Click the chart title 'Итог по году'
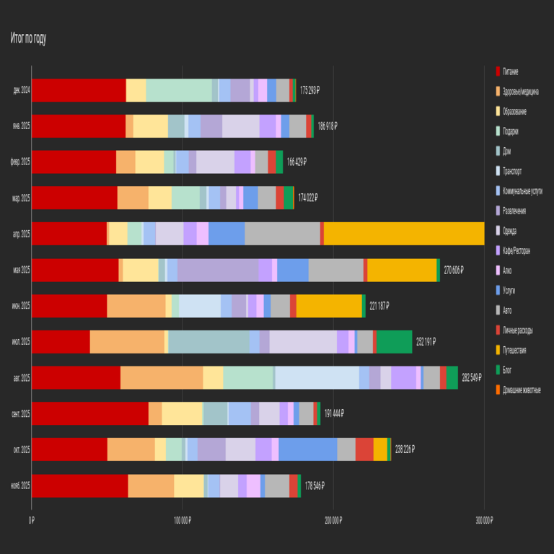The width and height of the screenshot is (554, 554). click(28, 39)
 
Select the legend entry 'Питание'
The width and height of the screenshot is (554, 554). click(510, 71)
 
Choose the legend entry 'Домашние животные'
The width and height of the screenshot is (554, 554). click(521, 390)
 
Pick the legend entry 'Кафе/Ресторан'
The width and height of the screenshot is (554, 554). click(516, 250)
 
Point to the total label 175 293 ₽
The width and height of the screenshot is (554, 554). click(309, 90)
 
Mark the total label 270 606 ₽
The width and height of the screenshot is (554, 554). click(452, 270)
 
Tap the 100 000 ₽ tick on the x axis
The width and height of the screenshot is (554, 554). click(183, 520)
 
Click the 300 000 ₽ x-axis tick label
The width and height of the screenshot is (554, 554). click(484, 520)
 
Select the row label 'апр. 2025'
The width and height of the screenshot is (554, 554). click(21, 234)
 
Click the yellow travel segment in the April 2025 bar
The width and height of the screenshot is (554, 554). click(404, 234)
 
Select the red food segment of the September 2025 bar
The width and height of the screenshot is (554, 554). click(90, 413)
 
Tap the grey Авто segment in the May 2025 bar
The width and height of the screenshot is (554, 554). click(335, 270)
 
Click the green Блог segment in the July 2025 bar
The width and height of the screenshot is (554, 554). click(394, 341)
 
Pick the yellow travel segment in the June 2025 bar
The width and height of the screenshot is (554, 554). click(329, 306)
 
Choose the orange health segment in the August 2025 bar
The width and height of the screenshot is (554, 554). click(162, 377)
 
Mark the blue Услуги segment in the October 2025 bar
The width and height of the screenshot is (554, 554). click(308, 449)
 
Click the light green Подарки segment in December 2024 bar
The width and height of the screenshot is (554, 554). click(179, 90)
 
